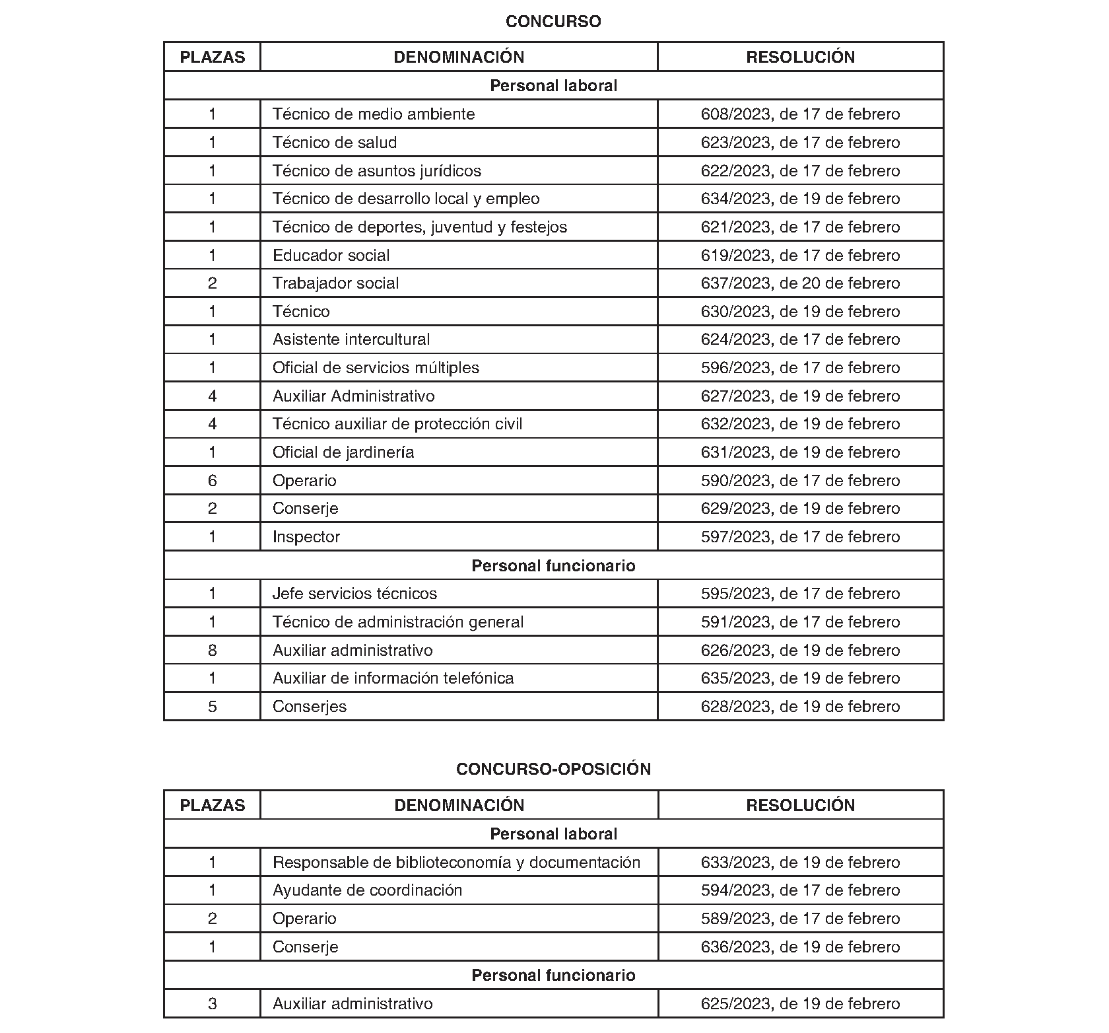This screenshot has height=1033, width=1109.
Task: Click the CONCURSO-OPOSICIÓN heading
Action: pos(553,769)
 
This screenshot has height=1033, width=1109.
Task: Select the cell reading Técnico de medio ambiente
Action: pos(374,114)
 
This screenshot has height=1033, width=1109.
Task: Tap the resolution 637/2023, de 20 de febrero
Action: pos(800,283)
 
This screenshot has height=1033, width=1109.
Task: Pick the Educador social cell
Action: pos(331,256)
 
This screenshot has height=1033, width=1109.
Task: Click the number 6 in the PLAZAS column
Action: pos(212,481)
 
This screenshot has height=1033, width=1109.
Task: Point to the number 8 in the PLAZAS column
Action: pos(212,651)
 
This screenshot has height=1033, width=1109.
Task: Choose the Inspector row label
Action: pos(306,537)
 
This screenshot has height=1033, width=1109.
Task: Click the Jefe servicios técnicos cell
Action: pos(354,594)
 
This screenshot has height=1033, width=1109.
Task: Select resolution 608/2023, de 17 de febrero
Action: pos(800,114)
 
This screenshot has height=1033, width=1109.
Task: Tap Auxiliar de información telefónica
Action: pos(393,678)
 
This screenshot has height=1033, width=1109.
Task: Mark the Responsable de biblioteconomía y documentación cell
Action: pos(456,863)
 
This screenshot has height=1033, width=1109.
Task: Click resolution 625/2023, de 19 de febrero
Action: pos(800,1004)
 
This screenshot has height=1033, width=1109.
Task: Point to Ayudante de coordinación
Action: pos(367,890)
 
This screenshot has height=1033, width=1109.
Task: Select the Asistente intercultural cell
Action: pos(351,339)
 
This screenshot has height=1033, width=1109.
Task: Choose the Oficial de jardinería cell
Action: pos(343,452)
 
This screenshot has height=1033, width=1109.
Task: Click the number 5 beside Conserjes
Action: pos(212,707)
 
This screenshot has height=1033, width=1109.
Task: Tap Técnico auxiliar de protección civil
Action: pos(397,424)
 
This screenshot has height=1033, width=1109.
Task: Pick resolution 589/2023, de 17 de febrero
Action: pos(800,919)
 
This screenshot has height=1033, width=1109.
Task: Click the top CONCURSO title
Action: pos(553,22)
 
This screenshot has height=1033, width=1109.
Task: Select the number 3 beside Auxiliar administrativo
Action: pos(212,1004)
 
